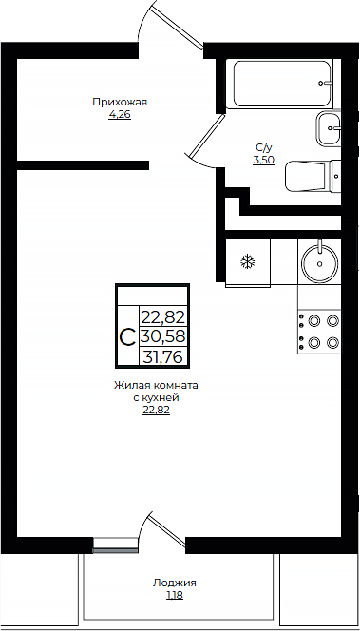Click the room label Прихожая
pyautogui.click(x=120, y=102)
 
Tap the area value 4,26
pyautogui.click(x=120, y=114)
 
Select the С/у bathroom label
pyautogui.click(x=264, y=147)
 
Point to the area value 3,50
pyautogui.click(x=264, y=160)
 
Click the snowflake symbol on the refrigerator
pyautogui.click(x=248, y=260)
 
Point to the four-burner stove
pyautogui.click(x=319, y=332)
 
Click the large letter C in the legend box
pyautogui.click(x=126, y=336)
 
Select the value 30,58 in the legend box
pyautogui.click(x=161, y=336)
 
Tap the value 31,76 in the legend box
pyautogui.click(x=161, y=357)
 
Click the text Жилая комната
pyautogui.click(x=157, y=386)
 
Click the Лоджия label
pyautogui.click(x=174, y=583)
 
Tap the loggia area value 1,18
pyautogui.click(x=174, y=595)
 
